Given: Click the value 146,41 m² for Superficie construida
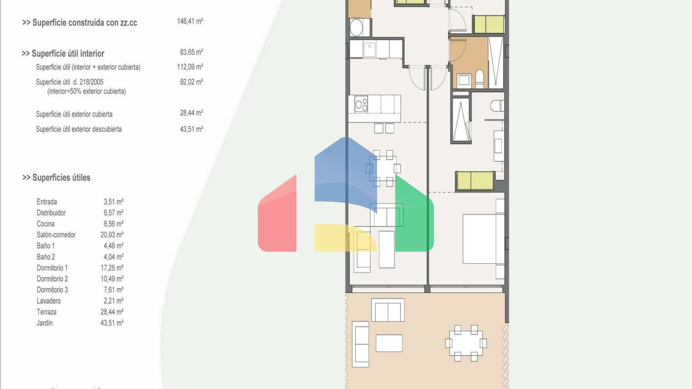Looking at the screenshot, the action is (190, 21).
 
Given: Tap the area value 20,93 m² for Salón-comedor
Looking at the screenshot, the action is (112, 235).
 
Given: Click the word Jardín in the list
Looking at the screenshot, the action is (45, 323).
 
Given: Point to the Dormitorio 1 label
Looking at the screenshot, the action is (52, 268).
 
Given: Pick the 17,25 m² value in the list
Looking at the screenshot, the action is (112, 268).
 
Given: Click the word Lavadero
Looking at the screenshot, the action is (49, 301).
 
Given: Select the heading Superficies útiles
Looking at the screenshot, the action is (56, 177).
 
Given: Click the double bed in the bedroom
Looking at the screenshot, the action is (483, 239).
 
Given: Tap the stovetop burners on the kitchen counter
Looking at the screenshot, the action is (361, 104).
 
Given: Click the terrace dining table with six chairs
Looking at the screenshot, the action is (466, 343).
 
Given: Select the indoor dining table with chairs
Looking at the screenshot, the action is (383, 168).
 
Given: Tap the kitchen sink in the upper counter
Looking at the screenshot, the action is (369, 50).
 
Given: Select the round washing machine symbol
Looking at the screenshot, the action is (357, 27).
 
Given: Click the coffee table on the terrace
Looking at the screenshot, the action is (389, 343).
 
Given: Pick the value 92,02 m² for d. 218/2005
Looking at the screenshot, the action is (191, 82).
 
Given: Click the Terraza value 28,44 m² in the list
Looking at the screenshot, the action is (112, 312).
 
